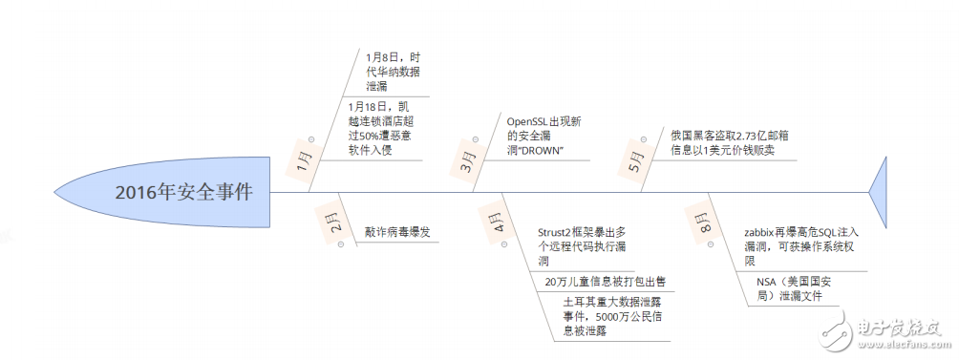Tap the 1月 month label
click(304, 159)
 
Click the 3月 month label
click(468, 159)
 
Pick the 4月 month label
click(500, 224)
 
